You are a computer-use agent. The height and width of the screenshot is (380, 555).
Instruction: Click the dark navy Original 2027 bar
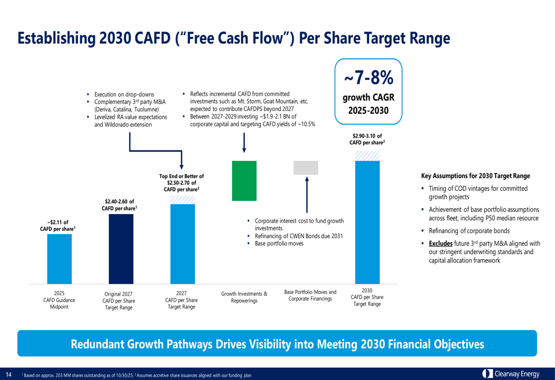point(120,249)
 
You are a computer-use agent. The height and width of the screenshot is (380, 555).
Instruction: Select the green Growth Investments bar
point(244,180)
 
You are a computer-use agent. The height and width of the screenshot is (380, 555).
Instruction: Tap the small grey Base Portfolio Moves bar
point(306,168)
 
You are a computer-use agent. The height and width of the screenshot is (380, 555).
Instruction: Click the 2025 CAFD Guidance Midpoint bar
point(59,259)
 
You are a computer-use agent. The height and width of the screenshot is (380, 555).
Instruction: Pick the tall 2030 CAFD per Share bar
point(367,222)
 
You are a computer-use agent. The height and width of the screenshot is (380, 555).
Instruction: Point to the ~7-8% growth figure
point(368,78)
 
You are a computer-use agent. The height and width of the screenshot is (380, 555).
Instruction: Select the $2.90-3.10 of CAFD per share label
point(367,139)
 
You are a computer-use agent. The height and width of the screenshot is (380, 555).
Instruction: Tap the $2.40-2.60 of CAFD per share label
point(119,205)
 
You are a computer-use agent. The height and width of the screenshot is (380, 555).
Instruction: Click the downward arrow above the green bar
point(244,143)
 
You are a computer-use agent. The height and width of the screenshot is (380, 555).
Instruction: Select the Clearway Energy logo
point(511,374)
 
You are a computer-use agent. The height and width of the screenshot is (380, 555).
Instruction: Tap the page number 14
point(8,374)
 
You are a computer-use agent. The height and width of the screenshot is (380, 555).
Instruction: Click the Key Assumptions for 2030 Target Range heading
point(476,176)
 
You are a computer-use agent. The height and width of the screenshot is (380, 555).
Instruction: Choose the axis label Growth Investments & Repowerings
point(244,297)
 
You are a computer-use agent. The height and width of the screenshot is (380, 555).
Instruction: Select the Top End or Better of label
point(181,176)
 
